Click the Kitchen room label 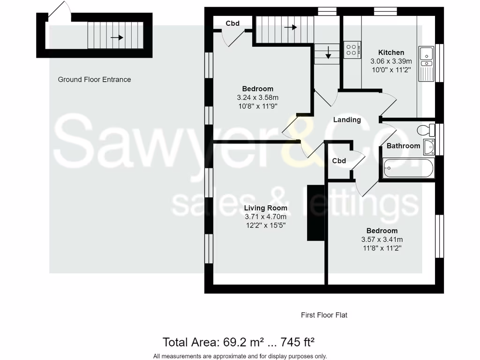point(391,52)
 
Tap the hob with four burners point(352,49)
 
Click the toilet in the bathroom point(424,129)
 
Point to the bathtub point(408,168)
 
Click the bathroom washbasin point(428,147)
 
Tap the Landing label point(347,120)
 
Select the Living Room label point(265,208)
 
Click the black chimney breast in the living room point(315,213)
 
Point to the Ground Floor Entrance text point(94,80)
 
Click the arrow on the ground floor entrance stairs point(117,37)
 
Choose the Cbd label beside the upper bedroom point(232,23)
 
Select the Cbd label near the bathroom point(339,161)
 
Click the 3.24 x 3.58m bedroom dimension point(258,97)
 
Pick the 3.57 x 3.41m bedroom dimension point(382,239)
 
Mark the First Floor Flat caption point(324,315)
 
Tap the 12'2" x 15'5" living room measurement point(265,225)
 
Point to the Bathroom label point(403,146)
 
